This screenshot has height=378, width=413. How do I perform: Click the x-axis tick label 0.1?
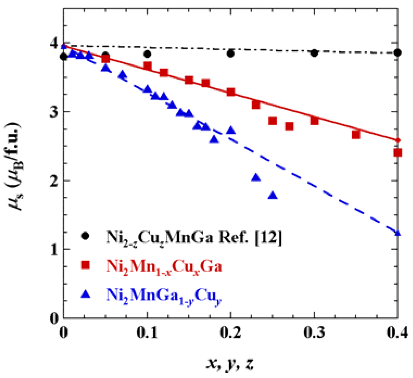(147, 333)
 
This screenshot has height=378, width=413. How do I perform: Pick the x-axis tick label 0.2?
(230, 333)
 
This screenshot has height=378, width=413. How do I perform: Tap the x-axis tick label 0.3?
(314, 333)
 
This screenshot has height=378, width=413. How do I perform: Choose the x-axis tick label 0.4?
(397, 333)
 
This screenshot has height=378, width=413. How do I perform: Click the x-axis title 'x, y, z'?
(230, 363)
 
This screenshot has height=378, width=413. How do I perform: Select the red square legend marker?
(85, 265)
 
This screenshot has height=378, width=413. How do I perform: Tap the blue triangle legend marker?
(85, 294)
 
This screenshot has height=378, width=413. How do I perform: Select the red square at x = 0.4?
(398, 153)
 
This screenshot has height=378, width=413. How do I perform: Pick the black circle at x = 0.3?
(314, 53)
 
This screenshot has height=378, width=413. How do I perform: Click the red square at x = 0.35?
(356, 135)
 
